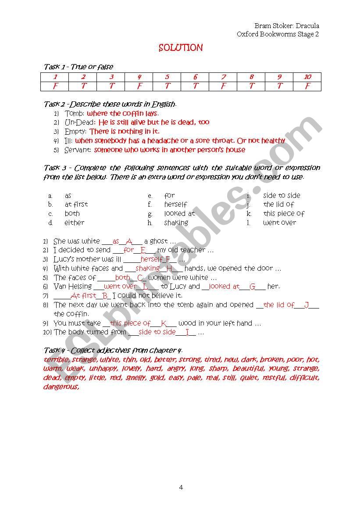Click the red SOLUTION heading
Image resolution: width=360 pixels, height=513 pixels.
181,48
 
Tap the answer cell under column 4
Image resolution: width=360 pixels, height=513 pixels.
139,86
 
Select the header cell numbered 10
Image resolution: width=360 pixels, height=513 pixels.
307,77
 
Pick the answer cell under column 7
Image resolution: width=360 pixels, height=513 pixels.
223,86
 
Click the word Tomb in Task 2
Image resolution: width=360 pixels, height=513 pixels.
74,113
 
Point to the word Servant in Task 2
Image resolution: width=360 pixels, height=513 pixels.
78,150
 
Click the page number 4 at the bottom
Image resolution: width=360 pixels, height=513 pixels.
181,487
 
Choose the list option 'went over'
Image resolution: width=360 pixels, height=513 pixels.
279,222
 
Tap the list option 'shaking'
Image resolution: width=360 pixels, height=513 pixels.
176,222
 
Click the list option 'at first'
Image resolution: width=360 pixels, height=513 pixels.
76,204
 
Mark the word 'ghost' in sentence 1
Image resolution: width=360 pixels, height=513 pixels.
159,241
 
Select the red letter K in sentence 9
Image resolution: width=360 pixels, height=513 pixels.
164,323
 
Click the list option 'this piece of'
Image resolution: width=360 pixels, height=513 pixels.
284,214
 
